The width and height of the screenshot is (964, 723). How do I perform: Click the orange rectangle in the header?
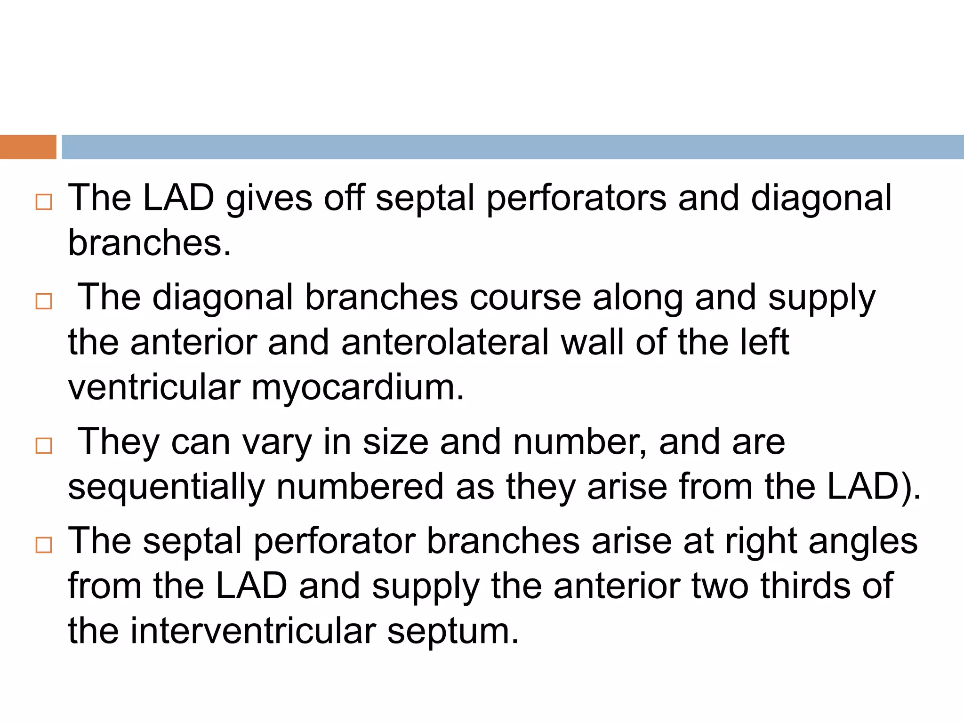pyautogui.click(x=28, y=147)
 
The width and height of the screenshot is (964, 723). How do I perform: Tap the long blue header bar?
pyautogui.click(x=512, y=147)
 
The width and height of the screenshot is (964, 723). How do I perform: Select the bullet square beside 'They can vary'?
pyautogui.click(x=44, y=445)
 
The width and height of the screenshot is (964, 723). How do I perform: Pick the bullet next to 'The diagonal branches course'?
pyautogui.click(x=44, y=301)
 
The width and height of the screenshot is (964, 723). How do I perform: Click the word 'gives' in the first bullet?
pyautogui.click(x=269, y=199)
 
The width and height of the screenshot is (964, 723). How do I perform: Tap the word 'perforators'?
pyautogui.click(x=576, y=199)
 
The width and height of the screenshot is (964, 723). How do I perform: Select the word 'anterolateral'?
pyautogui.click(x=445, y=342)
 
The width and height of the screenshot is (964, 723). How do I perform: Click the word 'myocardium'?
pyautogui.click(x=358, y=387)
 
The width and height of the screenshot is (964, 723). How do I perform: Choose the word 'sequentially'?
pyautogui.click(x=167, y=487)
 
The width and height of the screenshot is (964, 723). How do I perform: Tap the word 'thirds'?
pyautogui.click(x=805, y=586)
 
